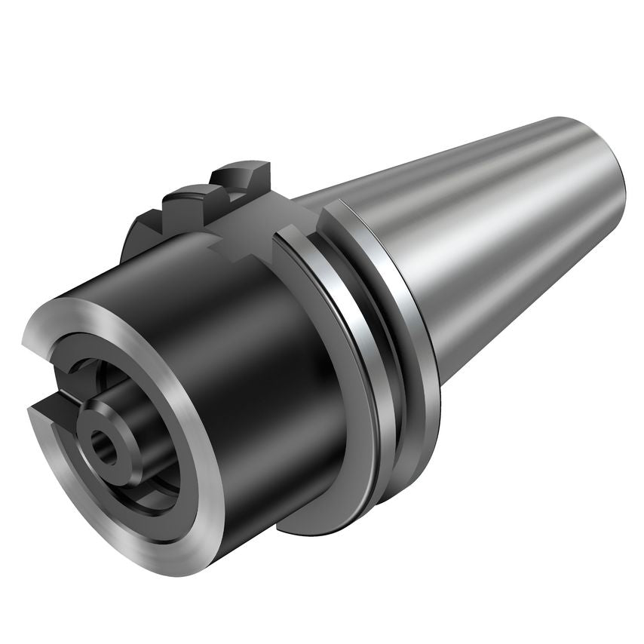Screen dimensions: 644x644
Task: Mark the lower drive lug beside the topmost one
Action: pos(192,200)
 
